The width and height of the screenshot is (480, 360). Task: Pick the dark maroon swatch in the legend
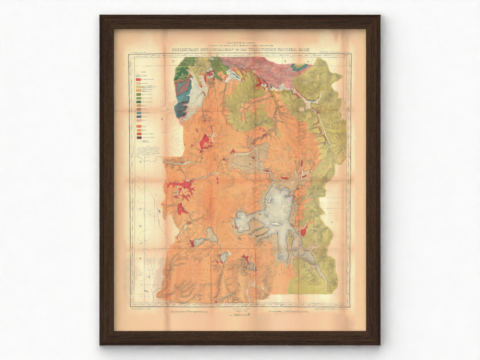point(138,137)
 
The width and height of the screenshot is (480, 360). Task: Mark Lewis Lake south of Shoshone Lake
point(223,257)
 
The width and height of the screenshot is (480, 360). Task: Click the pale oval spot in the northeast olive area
point(302,109)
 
